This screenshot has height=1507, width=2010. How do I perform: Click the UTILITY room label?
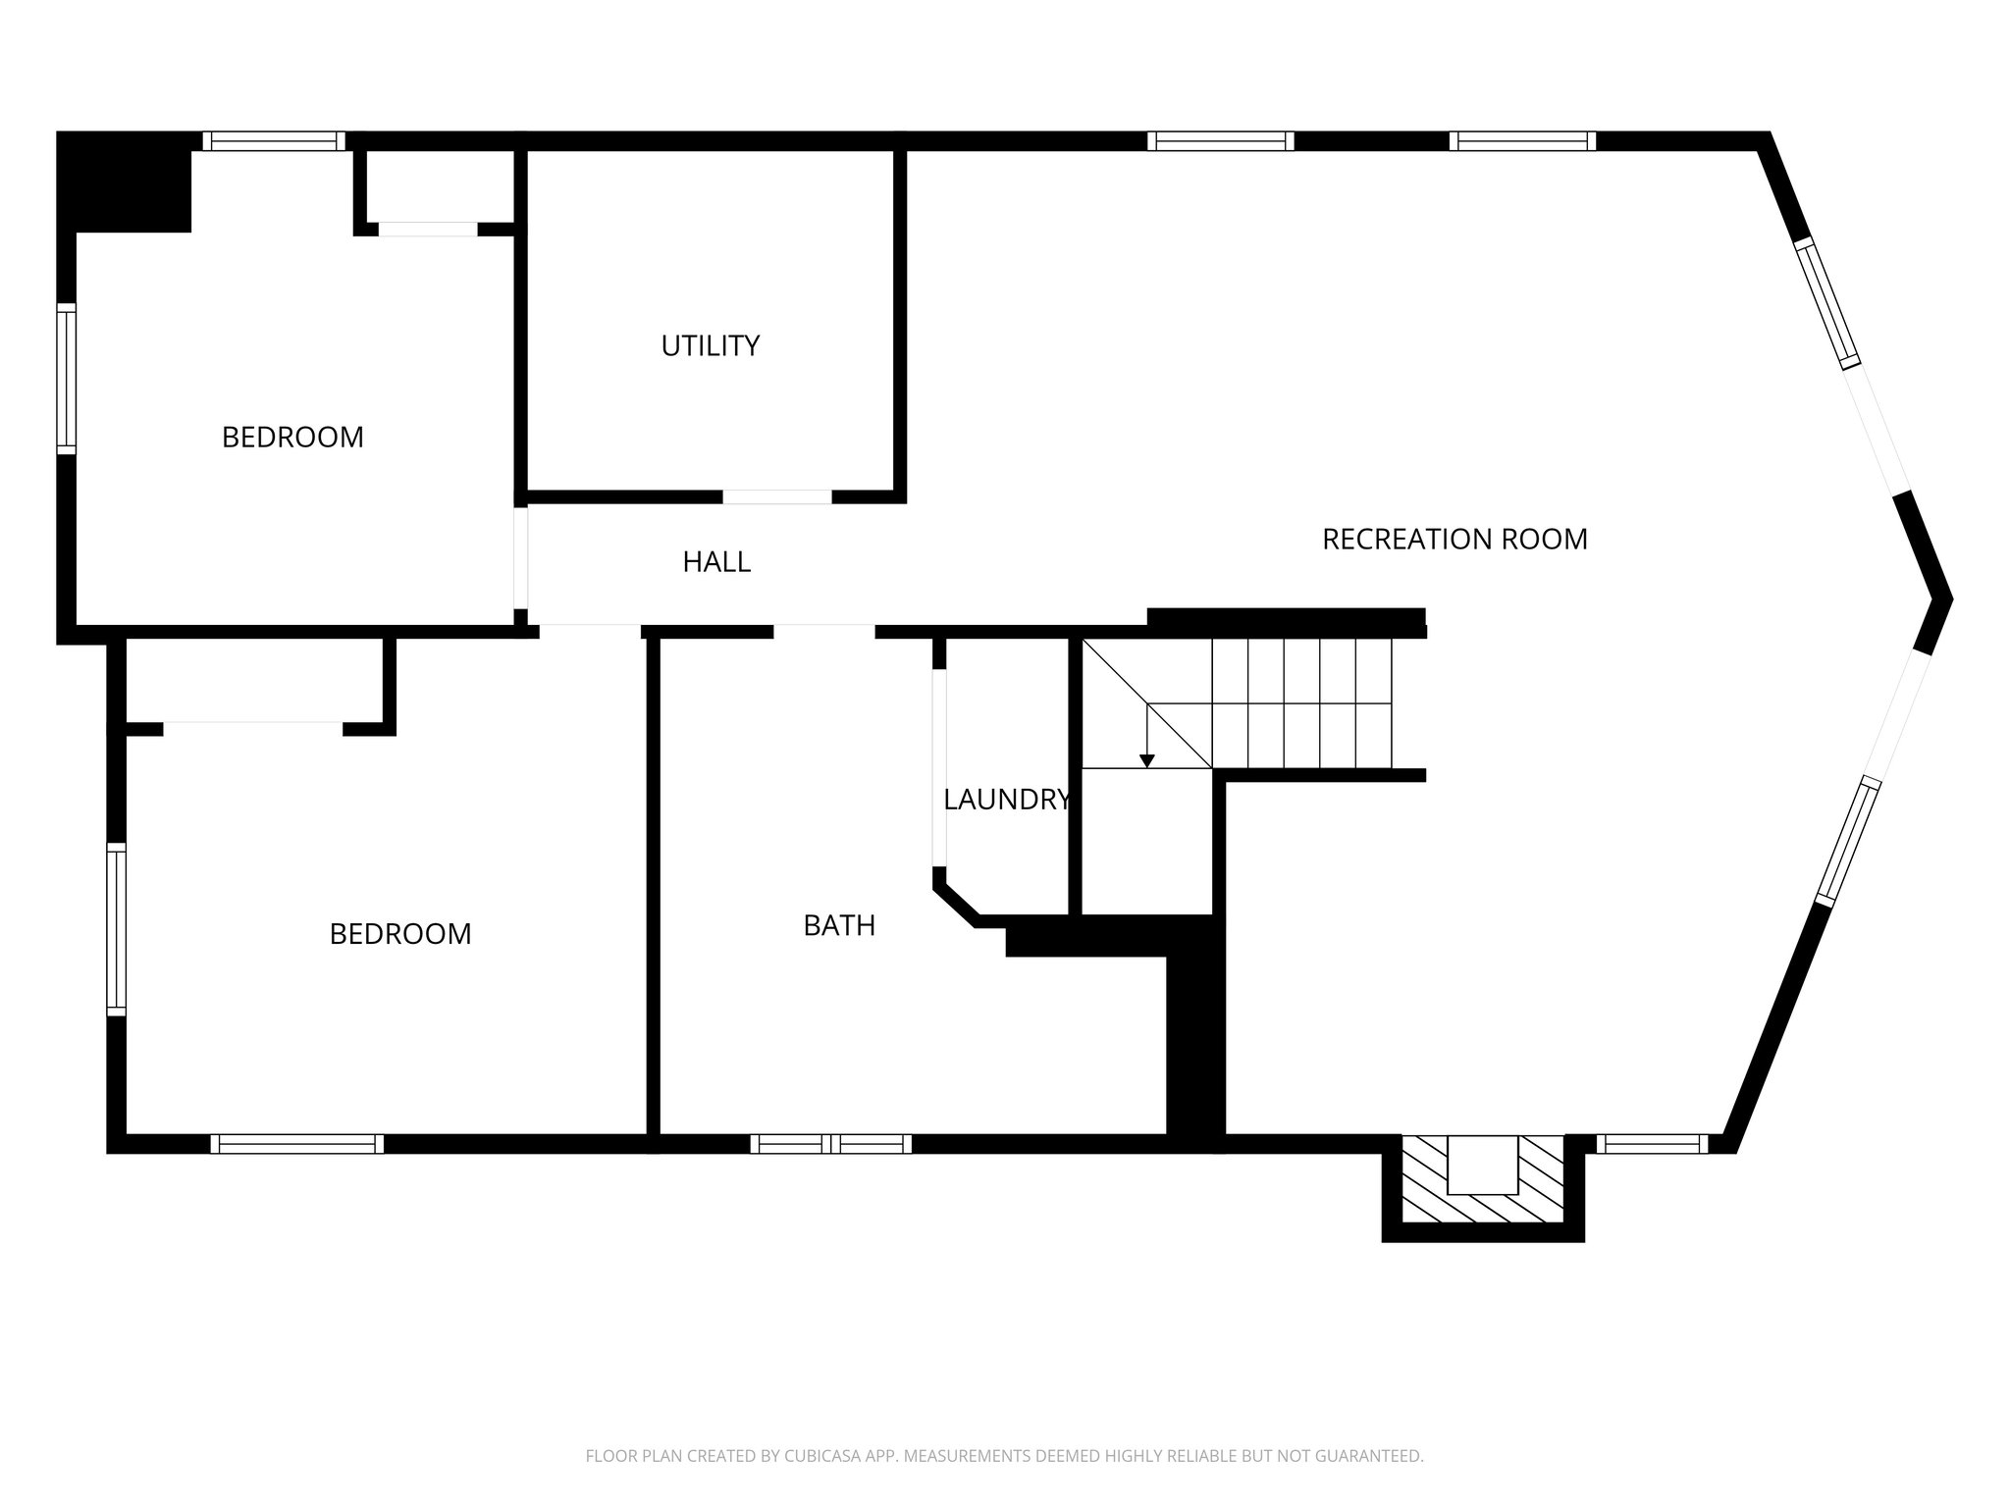point(710,346)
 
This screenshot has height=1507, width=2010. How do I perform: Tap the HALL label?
point(716,562)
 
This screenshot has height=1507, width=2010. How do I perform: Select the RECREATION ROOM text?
point(1455,540)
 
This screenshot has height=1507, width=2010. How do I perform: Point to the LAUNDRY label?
point(1006,800)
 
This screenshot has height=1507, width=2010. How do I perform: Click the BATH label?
point(839,925)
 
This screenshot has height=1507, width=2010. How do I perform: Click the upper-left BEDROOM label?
point(292,438)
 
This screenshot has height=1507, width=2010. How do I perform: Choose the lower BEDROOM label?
point(400,934)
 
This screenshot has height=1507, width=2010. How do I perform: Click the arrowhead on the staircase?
point(1146,760)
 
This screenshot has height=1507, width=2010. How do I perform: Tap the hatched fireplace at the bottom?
point(1482,1180)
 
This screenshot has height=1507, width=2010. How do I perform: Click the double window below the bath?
point(831,1143)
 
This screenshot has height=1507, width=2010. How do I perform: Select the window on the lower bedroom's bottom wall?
point(296,1143)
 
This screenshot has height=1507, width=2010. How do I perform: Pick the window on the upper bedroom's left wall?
point(66,379)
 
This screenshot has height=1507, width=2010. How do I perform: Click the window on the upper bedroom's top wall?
point(274,141)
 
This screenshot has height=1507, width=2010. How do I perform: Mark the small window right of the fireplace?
point(1652,1143)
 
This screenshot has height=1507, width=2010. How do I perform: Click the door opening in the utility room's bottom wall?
point(777,496)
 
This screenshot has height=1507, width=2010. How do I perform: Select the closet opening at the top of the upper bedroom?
point(428,229)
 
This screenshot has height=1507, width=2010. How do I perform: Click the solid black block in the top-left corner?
point(124,182)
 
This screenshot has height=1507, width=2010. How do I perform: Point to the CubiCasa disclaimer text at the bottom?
point(1004,1456)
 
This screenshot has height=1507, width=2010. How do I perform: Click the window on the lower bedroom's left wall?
point(117,929)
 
